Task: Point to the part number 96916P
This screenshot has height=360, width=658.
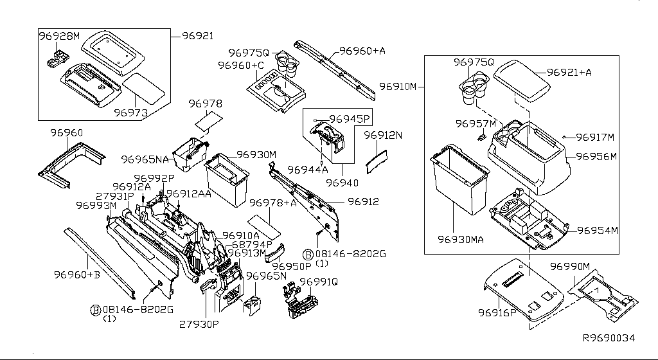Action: [497, 312]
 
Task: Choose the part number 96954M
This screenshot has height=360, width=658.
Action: [596, 231]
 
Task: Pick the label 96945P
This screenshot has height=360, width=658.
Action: [350, 119]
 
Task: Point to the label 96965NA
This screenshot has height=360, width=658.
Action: [144, 159]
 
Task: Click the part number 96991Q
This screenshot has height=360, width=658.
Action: [318, 282]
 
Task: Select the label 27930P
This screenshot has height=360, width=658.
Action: [199, 324]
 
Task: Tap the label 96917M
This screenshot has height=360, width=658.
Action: [594, 137]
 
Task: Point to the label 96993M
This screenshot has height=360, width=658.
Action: [96, 206]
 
